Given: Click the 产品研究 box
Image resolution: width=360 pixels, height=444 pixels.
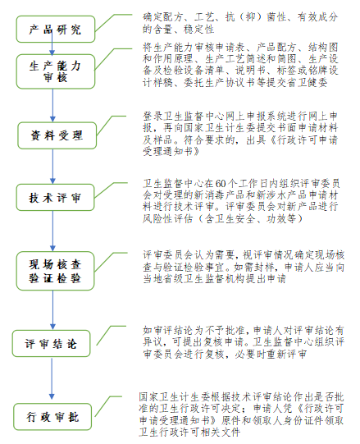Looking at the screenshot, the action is [x=56, y=30].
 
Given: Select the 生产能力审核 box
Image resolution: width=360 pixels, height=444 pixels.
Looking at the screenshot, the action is [x=56, y=71].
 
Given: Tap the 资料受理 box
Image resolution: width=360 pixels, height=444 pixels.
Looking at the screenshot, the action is [x=57, y=135].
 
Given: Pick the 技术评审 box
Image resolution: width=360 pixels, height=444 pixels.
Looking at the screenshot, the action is [x=55, y=197].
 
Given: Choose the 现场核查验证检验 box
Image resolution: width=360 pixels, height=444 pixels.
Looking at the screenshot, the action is [x=55, y=271].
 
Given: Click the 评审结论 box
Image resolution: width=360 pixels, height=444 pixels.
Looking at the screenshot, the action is [x=51, y=344].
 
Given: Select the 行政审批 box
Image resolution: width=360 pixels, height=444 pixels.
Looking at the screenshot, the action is [x=52, y=417].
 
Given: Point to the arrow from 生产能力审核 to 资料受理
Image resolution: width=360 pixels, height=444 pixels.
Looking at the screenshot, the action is [x=52, y=106].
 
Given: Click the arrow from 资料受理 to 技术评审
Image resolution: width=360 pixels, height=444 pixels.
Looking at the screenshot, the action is [x=52, y=167].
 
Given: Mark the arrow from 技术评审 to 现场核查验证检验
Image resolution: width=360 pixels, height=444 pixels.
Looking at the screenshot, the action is [x=52, y=231].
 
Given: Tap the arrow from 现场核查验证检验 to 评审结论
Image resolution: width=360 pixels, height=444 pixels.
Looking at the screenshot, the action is [x=52, y=310].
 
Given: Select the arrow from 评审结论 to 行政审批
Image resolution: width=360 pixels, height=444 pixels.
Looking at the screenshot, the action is [x=52, y=379].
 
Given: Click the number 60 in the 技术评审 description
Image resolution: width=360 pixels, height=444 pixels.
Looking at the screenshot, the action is [x=221, y=184].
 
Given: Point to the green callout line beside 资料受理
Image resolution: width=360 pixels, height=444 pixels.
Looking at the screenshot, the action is [x=111, y=126].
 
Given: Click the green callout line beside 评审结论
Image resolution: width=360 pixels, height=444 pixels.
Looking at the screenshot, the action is [x=111, y=336].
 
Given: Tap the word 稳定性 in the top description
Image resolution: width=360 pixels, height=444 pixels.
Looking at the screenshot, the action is [x=199, y=30].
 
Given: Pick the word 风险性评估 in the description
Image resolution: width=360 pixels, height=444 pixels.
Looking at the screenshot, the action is [x=168, y=218].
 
